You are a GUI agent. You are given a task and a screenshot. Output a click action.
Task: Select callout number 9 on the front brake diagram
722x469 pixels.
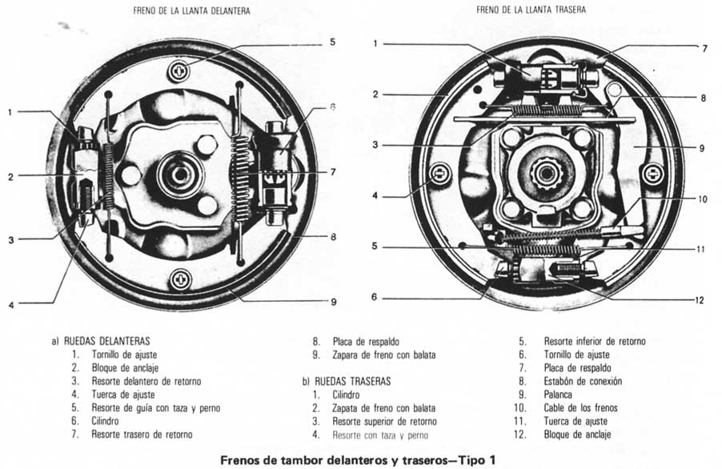tap(334, 303)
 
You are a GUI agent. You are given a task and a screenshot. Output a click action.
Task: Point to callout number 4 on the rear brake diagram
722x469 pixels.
tap(375, 194)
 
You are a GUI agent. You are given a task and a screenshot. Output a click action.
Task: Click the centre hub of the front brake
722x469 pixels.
tap(179, 175)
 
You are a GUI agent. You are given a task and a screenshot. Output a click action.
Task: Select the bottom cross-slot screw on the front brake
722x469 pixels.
tap(182, 281)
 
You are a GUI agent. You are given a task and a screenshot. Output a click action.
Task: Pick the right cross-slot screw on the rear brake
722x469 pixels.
tap(652, 172)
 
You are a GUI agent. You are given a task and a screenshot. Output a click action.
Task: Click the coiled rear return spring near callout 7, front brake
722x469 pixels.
tap(238, 173)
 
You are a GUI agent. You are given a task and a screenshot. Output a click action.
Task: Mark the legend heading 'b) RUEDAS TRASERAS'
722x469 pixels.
tap(348, 382)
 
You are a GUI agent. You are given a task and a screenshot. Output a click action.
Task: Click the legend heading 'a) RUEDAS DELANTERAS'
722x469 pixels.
tap(99, 340)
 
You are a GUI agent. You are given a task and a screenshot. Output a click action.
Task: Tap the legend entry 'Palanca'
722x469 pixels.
tap(559, 395)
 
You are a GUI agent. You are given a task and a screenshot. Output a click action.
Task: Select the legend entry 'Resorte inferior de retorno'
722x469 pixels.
tap(594, 340)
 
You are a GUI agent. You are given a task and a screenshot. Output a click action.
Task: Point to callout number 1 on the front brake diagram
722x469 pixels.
tap(10, 112)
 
